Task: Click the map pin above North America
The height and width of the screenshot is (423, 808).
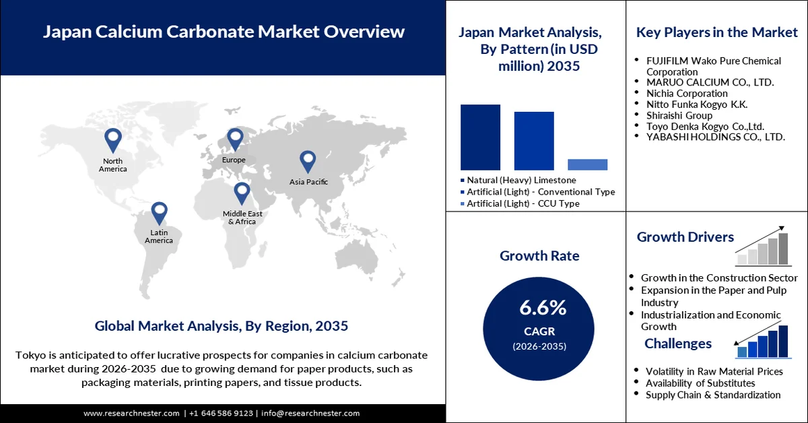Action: (x=113, y=139)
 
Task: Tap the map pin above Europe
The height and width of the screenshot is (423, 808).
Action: (x=234, y=139)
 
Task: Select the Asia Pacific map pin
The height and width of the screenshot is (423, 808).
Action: (x=308, y=160)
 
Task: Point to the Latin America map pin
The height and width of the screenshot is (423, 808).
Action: (x=159, y=212)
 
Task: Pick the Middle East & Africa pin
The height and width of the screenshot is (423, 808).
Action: (x=242, y=193)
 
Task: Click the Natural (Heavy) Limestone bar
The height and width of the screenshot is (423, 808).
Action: (x=480, y=137)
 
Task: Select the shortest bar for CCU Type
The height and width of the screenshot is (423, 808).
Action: (x=587, y=164)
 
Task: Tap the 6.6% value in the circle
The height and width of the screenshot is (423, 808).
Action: (x=543, y=308)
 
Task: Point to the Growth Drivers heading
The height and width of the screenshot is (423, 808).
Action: (x=685, y=237)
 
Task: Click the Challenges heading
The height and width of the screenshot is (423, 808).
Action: (x=677, y=344)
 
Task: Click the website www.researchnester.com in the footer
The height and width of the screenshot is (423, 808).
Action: (x=131, y=413)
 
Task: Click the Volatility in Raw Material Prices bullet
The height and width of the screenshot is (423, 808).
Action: (x=714, y=371)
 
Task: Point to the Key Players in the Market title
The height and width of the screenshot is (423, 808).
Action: (x=717, y=32)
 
